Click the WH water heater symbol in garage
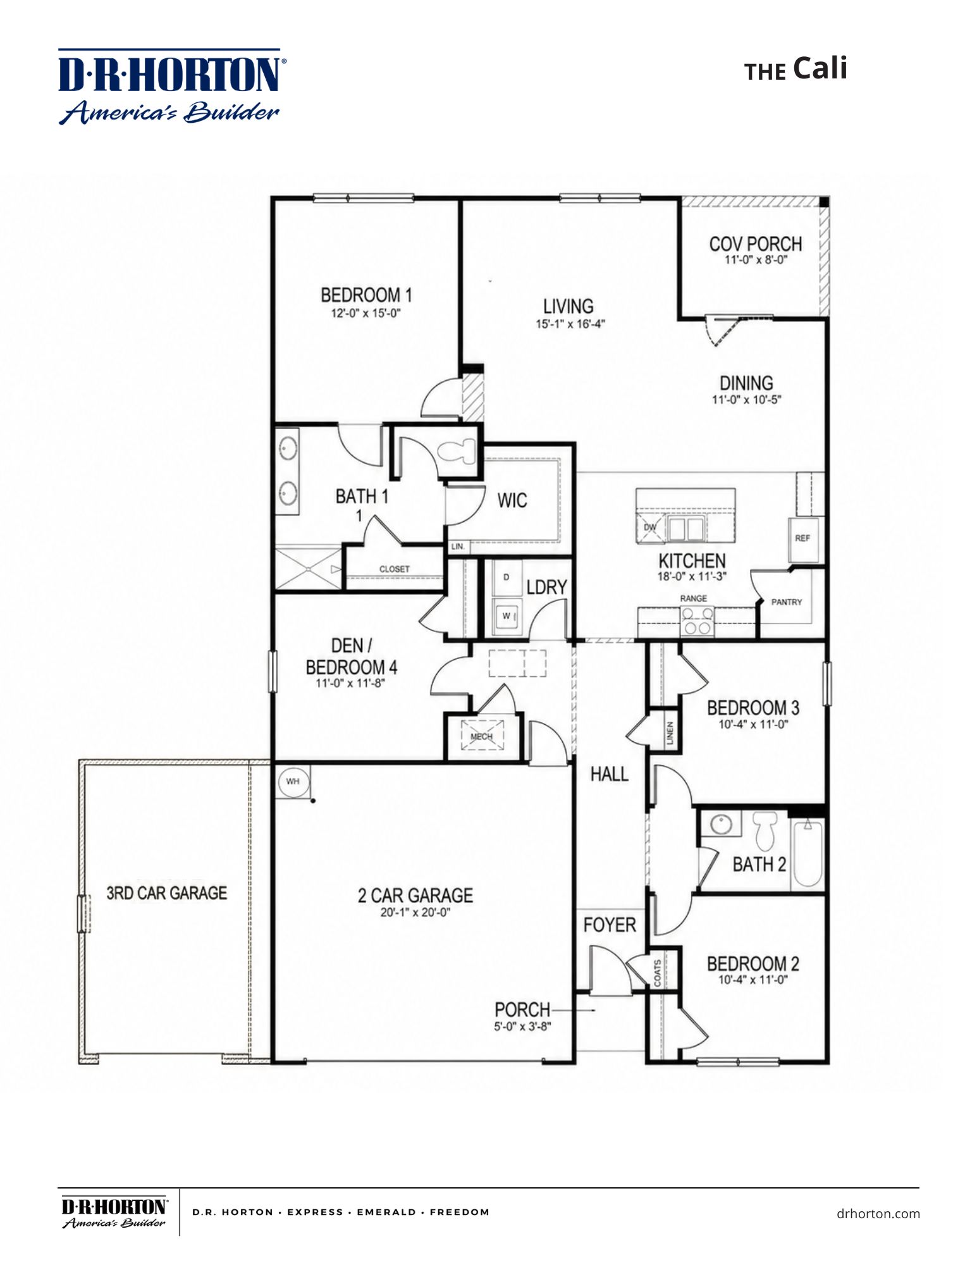pyautogui.click(x=293, y=782)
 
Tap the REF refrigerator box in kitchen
pyautogui.click(x=802, y=539)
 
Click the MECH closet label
pyautogui.click(x=482, y=736)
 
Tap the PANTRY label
pyautogui.click(x=787, y=602)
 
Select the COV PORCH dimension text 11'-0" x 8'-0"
pyautogui.click(x=756, y=259)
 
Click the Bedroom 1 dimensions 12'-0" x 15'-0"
pyautogui.click(x=366, y=313)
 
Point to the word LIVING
pyautogui.click(x=568, y=307)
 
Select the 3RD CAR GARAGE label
pyautogui.click(x=166, y=893)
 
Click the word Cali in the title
pyautogui.click(x=820, y=68)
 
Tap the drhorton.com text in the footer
pyautogui.click(x=878, y=1213)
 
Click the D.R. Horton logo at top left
pyautogui.click(x=169, y=85)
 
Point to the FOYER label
pyautogui.click(x=610, y=925)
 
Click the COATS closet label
pyautogui.click(x=658, y=973)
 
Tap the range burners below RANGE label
pyautogui.click(x=696, y=620)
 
